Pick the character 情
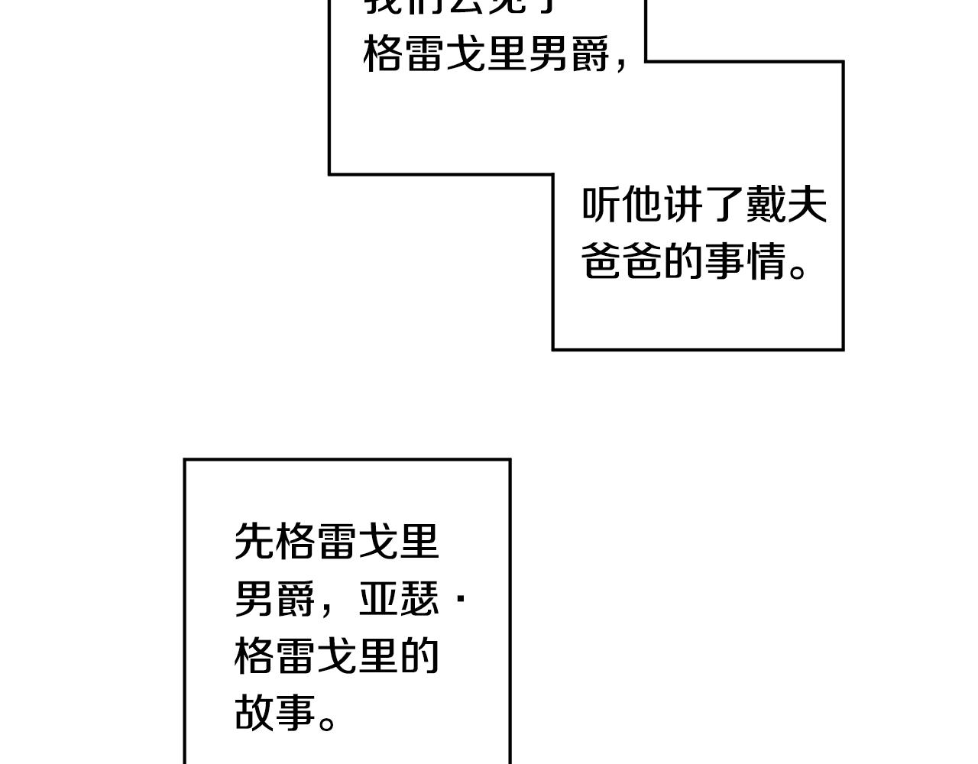click(766, 261)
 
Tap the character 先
click(254, 542)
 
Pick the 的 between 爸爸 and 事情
click(684, 261)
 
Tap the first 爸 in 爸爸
click(601, 261)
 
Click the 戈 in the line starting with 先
click(378, 542)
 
